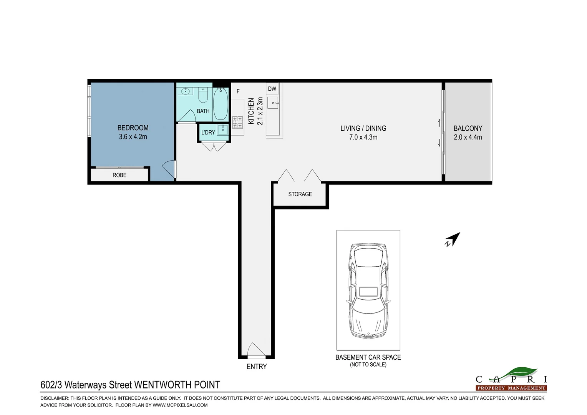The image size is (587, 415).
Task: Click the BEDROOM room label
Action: coord(133,128)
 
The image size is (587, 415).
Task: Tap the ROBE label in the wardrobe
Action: coord(119,175)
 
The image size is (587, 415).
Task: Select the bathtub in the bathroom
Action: coord(221,104)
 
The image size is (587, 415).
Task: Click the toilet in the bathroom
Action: coord(203,95)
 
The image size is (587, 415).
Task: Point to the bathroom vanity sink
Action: coord(185,91)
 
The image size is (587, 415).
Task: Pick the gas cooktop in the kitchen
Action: coord(237,122)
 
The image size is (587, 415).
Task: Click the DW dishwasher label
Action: coord(272,89)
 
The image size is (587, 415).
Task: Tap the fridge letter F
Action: coord(238,91)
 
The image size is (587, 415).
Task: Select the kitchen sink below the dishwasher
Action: coord(273,103)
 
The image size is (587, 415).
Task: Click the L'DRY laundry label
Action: coord(208,133)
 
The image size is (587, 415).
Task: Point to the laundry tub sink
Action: coord(223,130)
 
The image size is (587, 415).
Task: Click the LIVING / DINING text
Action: coord(363,128)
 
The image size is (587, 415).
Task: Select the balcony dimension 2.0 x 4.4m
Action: coord(468,137)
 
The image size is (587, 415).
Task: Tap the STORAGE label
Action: coord(300,194)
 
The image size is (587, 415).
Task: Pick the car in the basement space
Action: coord(368,291)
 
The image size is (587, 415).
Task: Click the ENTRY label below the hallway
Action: coord(257,367)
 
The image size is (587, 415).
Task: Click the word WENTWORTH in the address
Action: coord(163,385)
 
